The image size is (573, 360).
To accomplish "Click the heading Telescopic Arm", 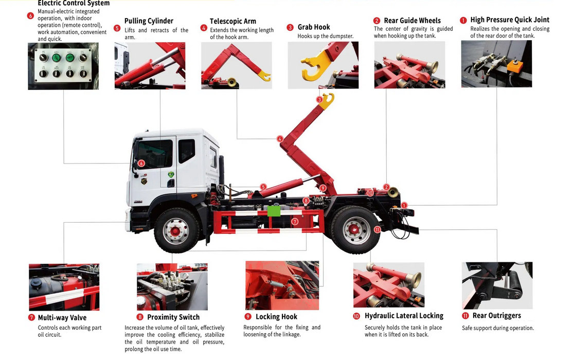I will pyautogui.click(x=233, y=22).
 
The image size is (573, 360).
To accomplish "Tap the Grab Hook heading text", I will pyautogui.click(x=314, y=27).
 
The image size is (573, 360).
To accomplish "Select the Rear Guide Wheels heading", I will pyautogui.click(x=412, y=21).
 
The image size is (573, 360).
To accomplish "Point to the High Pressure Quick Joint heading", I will pyautogui.click(x=510, y=20).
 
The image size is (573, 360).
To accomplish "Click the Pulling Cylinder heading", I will pyautogui.click(x=149, y=21).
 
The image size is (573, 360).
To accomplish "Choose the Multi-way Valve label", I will pyautogui.click(x=62, y=318).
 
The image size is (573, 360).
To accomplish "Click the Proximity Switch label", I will pyautogui.click(x=173, y=317).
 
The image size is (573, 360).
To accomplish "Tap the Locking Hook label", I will pyautogui.click(x=276, y=317).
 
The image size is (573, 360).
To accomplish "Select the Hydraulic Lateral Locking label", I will pyautogui.click(x=404, y=316).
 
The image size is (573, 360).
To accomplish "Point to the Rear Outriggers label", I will pyautogui.click(x=496, y=316).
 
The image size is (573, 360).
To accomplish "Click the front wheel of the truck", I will pyautogui.click(x=176, y=230).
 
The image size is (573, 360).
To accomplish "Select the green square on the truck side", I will pyautogui.click(x=274, y=211).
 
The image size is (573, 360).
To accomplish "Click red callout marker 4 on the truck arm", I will pyautogui.click(x=280, y=139).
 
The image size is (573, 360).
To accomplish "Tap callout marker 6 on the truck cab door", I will pyautogui.click(x=141, y=164).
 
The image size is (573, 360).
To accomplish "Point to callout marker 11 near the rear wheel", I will pyautogui.click(x=377, y=229).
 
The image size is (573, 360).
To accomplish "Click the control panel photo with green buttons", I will pyautogui.click(x=63, y=66).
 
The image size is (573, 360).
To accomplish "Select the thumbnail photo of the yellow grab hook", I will pyautogui.click(x=323, y=65).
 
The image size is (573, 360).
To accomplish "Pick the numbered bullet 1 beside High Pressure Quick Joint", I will pyautogui.click(x=463, y=21).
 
